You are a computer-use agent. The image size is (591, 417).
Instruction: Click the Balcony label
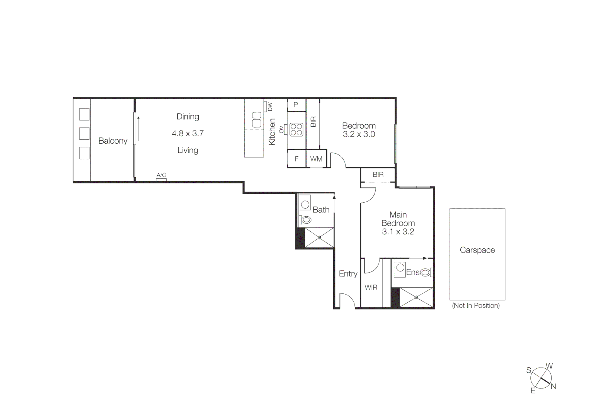click(x=112, y=141)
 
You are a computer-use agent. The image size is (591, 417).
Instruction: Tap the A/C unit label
click(x=161, y=175)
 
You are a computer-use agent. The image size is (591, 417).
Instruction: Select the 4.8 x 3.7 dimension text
click(x=187, y=134)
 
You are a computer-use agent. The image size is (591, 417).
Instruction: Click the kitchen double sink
click(x=257, y=120)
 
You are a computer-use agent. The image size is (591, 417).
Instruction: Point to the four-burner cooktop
click(x=296, y=130)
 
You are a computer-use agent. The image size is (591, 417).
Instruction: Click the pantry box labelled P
click(x=296, y=105)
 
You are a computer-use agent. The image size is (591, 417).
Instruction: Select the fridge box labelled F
click(x=296, y=159)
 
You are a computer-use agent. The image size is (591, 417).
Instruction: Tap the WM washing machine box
click(x=316, y=159)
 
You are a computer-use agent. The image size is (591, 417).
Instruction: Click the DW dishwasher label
click(x=270, y=107)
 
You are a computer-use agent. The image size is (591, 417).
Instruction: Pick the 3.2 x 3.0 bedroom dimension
click(x=359, y=134)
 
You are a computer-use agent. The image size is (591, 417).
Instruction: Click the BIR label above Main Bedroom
click(x=378, y=175)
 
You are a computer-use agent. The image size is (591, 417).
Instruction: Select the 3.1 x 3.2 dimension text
click(x=398, y=232)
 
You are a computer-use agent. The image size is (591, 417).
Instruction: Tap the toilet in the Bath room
click(x=306, y=220)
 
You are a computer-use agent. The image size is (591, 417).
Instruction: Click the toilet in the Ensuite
click(x=425, y=273)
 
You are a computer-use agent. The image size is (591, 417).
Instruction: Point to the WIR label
click(x=371, y=288)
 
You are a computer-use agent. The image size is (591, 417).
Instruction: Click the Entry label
click(x=348, y=274)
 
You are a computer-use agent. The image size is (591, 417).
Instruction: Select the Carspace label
click(x=477, y=250)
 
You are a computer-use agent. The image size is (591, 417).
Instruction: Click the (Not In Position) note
click(x=476, y=305)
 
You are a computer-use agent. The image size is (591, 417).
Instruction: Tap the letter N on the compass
click(x=553, y=386)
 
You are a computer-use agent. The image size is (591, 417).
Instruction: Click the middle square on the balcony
click(x=84, y=134)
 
